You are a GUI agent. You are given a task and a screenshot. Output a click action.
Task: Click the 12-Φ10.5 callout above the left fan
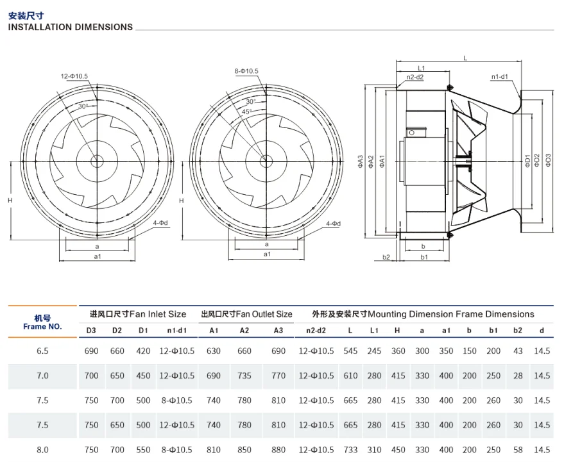point(74,76)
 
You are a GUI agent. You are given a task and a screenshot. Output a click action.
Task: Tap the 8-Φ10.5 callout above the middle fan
point(246,71)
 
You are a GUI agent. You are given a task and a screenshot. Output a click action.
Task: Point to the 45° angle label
point(246,111)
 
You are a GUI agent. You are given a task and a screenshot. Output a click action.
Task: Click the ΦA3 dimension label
point(361,161)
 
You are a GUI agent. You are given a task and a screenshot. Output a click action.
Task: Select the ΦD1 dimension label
point(527,161)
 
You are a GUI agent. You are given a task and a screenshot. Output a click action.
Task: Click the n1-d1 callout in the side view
point(500,76)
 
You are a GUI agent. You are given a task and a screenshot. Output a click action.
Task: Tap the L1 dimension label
point(421,69)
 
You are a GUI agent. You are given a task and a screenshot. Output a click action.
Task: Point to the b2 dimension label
point(386,257)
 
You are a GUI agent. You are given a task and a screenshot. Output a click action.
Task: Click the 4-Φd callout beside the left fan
point(160,223)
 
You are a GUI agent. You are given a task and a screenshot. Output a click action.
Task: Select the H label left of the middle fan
point(182,201)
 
